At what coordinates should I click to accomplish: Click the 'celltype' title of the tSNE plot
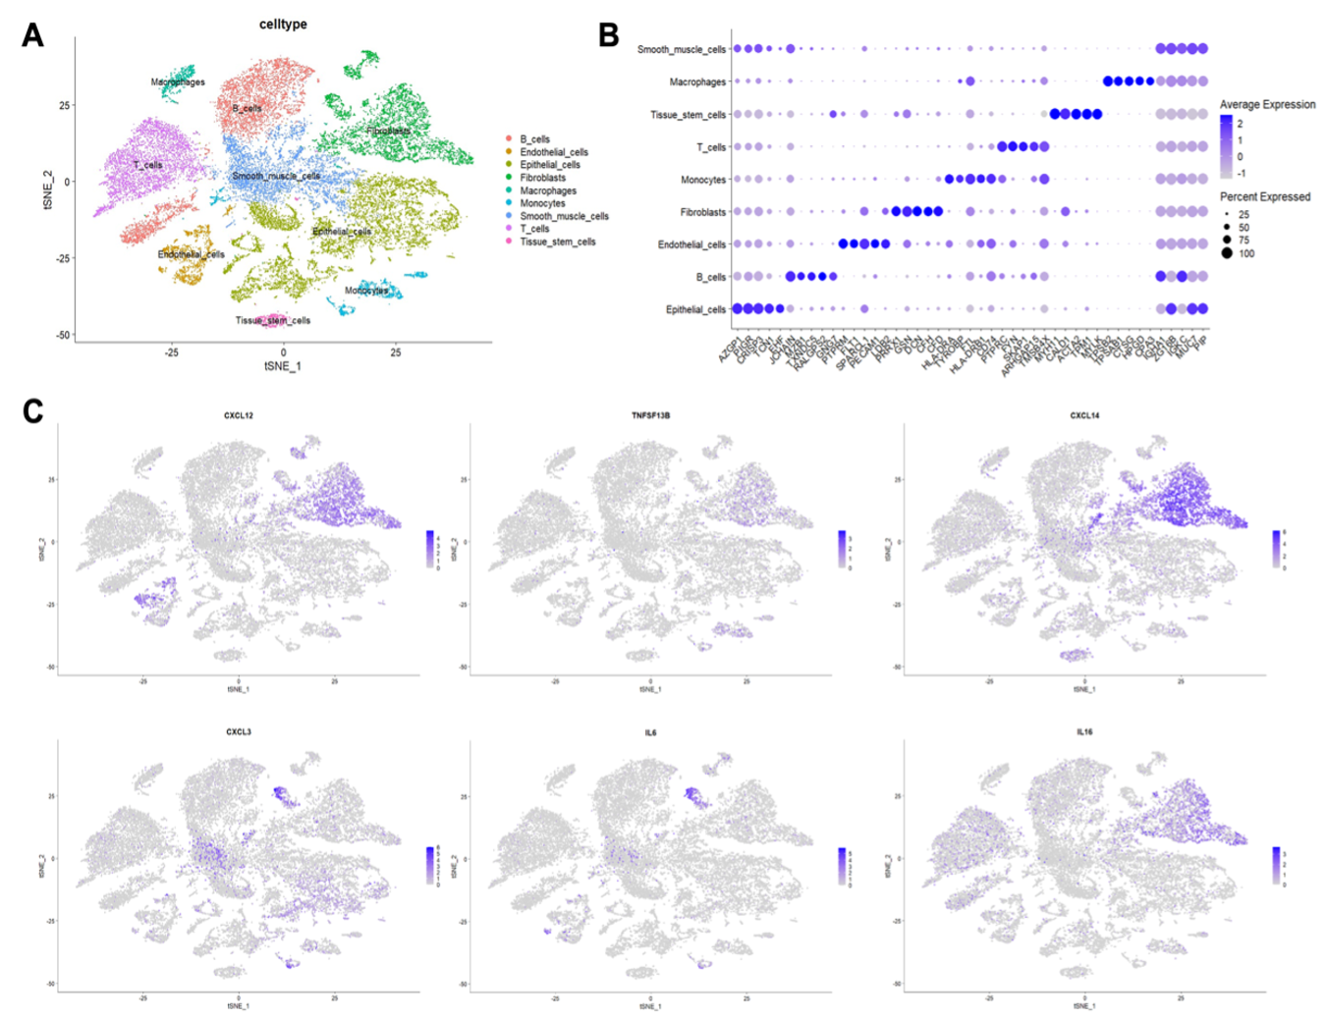coord(283,25)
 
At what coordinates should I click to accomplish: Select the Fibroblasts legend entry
coord(542,178)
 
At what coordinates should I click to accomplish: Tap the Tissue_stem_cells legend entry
coord(557,241)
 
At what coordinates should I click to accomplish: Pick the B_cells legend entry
coord(534,139)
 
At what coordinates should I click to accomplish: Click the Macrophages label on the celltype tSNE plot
coord(178,82)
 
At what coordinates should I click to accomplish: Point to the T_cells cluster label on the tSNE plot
coord(148,165)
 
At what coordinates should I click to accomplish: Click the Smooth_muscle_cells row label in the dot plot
coord(681,49)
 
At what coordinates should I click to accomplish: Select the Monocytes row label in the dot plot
coord(703,180)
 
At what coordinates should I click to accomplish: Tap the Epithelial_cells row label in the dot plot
coord(695,309)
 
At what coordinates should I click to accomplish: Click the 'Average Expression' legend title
coord(1267,104)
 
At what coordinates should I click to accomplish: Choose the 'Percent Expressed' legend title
coord(1265,196)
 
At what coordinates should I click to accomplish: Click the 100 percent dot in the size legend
coord(1227,253)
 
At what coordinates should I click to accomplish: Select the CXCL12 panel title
coord(238,415)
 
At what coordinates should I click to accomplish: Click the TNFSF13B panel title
coord(650,415)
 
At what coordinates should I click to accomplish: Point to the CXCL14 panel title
coord(1084,415)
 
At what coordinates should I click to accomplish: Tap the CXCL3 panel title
coord(238,731)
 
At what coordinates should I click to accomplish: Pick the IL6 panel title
coord(650,731)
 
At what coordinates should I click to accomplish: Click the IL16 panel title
coord(1084,731)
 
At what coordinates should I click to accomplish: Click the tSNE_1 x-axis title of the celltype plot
coord(283,366)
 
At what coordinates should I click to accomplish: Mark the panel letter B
coord(609,35)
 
